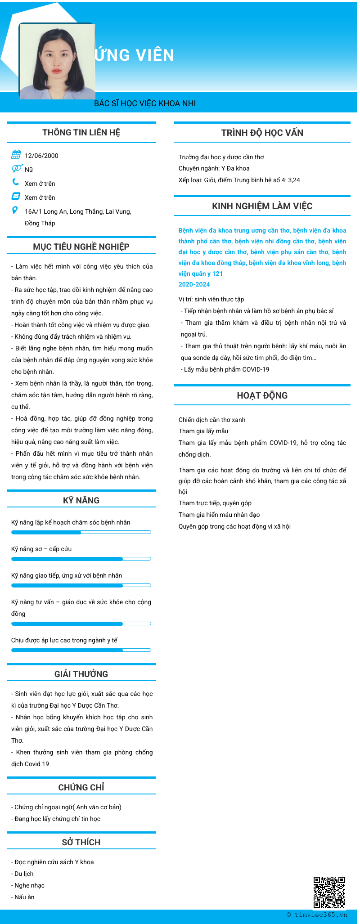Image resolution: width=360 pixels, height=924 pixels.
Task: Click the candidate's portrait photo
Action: point(57,61)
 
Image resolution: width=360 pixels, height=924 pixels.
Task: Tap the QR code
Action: point(329,892)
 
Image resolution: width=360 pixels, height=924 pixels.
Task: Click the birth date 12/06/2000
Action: point(41,156)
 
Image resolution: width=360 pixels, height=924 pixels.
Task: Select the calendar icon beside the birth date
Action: point(16,155)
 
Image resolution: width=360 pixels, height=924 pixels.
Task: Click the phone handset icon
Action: point(16,182)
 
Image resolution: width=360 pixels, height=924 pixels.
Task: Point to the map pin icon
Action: point(15,210)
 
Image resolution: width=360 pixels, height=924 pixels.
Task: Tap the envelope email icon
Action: point(16,196)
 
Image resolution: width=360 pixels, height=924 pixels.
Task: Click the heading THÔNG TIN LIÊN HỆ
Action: point(81,132)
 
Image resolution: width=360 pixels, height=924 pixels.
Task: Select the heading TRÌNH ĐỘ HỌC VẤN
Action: point(262,133)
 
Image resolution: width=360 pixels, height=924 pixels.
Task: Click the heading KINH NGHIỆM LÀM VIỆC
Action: point(262,206)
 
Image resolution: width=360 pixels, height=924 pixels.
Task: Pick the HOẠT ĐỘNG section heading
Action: point(262,395)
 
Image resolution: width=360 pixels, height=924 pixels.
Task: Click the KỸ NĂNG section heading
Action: point(81,500)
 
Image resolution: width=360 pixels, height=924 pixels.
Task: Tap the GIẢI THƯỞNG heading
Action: point(81,674)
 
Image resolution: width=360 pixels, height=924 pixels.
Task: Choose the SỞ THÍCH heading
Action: point(81,842)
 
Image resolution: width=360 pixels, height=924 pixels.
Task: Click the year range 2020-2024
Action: point(194,284)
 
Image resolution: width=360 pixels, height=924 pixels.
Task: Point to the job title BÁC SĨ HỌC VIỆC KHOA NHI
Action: point(145,103)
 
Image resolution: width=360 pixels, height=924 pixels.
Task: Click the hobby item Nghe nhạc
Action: point(30,885)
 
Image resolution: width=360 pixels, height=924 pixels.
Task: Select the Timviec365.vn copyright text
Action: point(317,915)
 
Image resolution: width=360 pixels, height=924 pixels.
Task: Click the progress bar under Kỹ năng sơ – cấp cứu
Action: point(81,559)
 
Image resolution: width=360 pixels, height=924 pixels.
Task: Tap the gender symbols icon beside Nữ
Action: point(17,168)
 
